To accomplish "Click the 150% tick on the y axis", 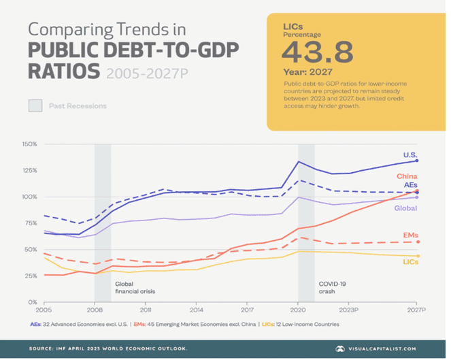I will tap(29, 144).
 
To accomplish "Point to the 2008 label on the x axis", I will tap(95, 308).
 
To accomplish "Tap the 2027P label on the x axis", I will tap(416, 308).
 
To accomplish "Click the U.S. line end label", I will tap(410, 154).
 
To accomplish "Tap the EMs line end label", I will tap(410, 235).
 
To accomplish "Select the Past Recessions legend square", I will tap(35, 105).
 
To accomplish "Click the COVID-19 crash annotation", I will tap(334, 287).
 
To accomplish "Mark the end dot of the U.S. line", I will tap(416, 161).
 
